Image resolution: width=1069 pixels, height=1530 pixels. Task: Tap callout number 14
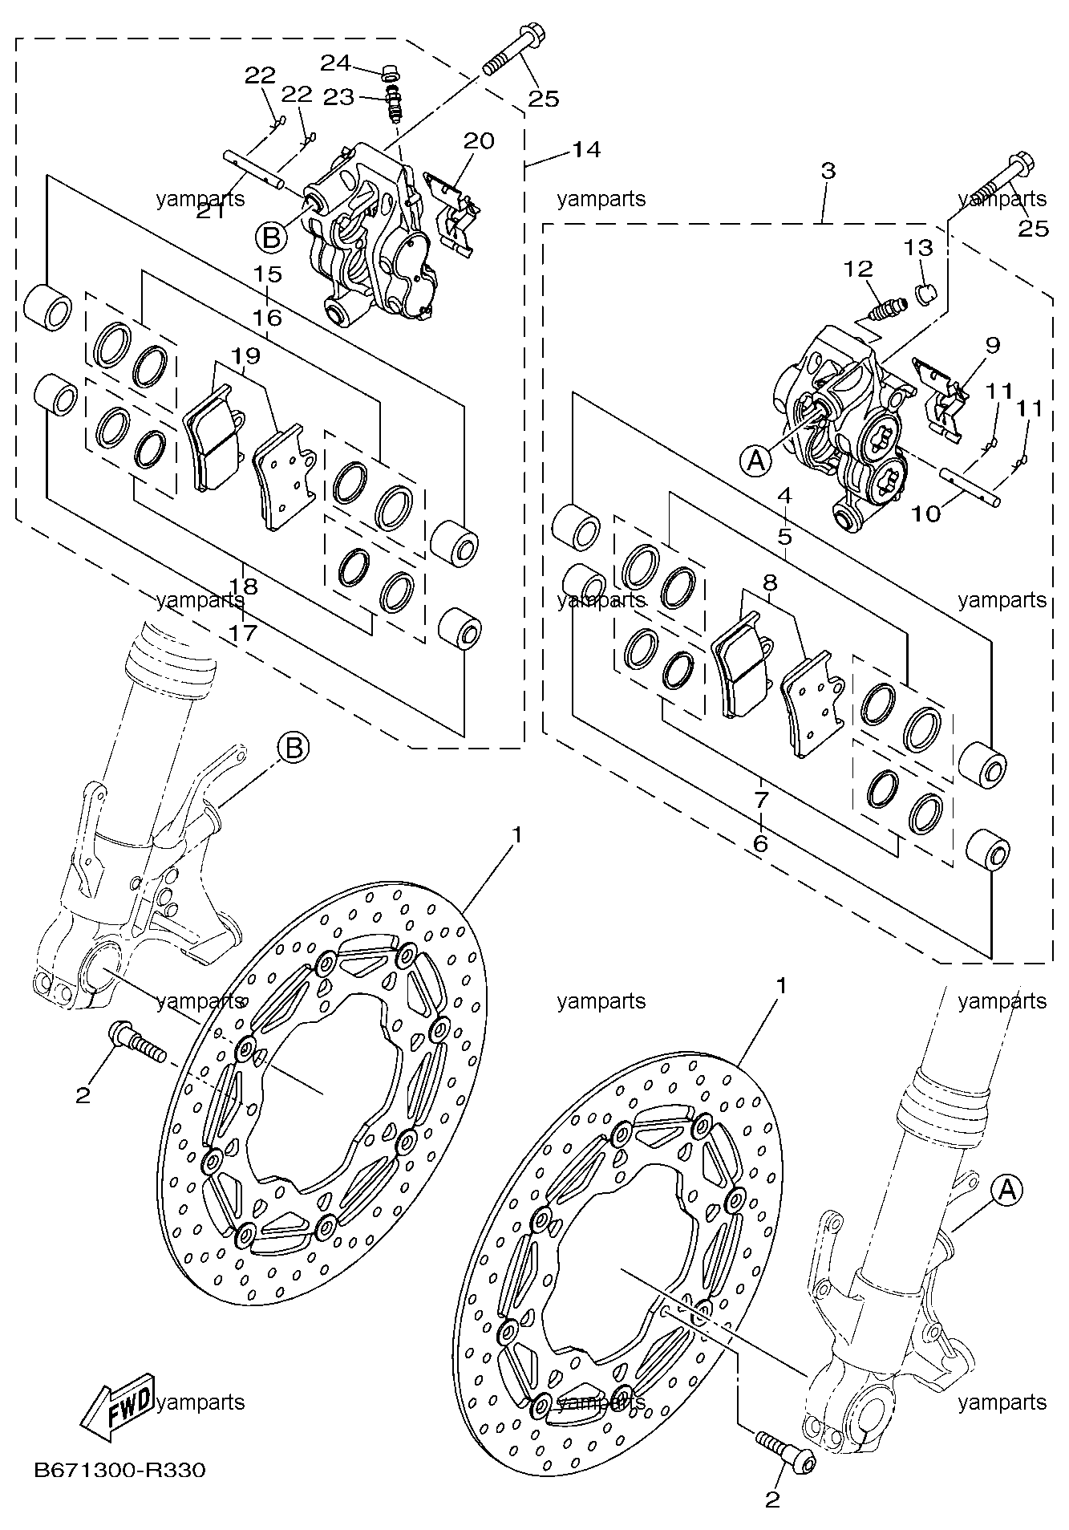(586, 149)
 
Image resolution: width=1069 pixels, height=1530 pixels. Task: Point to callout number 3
(828, 170)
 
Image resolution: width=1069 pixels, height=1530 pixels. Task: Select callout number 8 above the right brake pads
(770, 581)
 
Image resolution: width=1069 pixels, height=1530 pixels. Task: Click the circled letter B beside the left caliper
(271, 237)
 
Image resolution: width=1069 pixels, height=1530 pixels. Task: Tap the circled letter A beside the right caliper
(755, 460)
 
